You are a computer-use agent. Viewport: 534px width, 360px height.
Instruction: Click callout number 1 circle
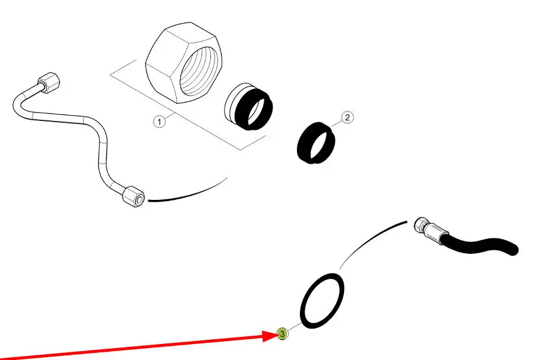coord(158,122)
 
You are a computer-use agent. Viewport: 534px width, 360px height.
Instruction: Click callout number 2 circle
coord(348,117)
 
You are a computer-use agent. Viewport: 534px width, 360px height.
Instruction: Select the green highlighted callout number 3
coord(282,334)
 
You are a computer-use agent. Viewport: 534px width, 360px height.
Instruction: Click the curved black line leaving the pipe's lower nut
coord(187,193)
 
